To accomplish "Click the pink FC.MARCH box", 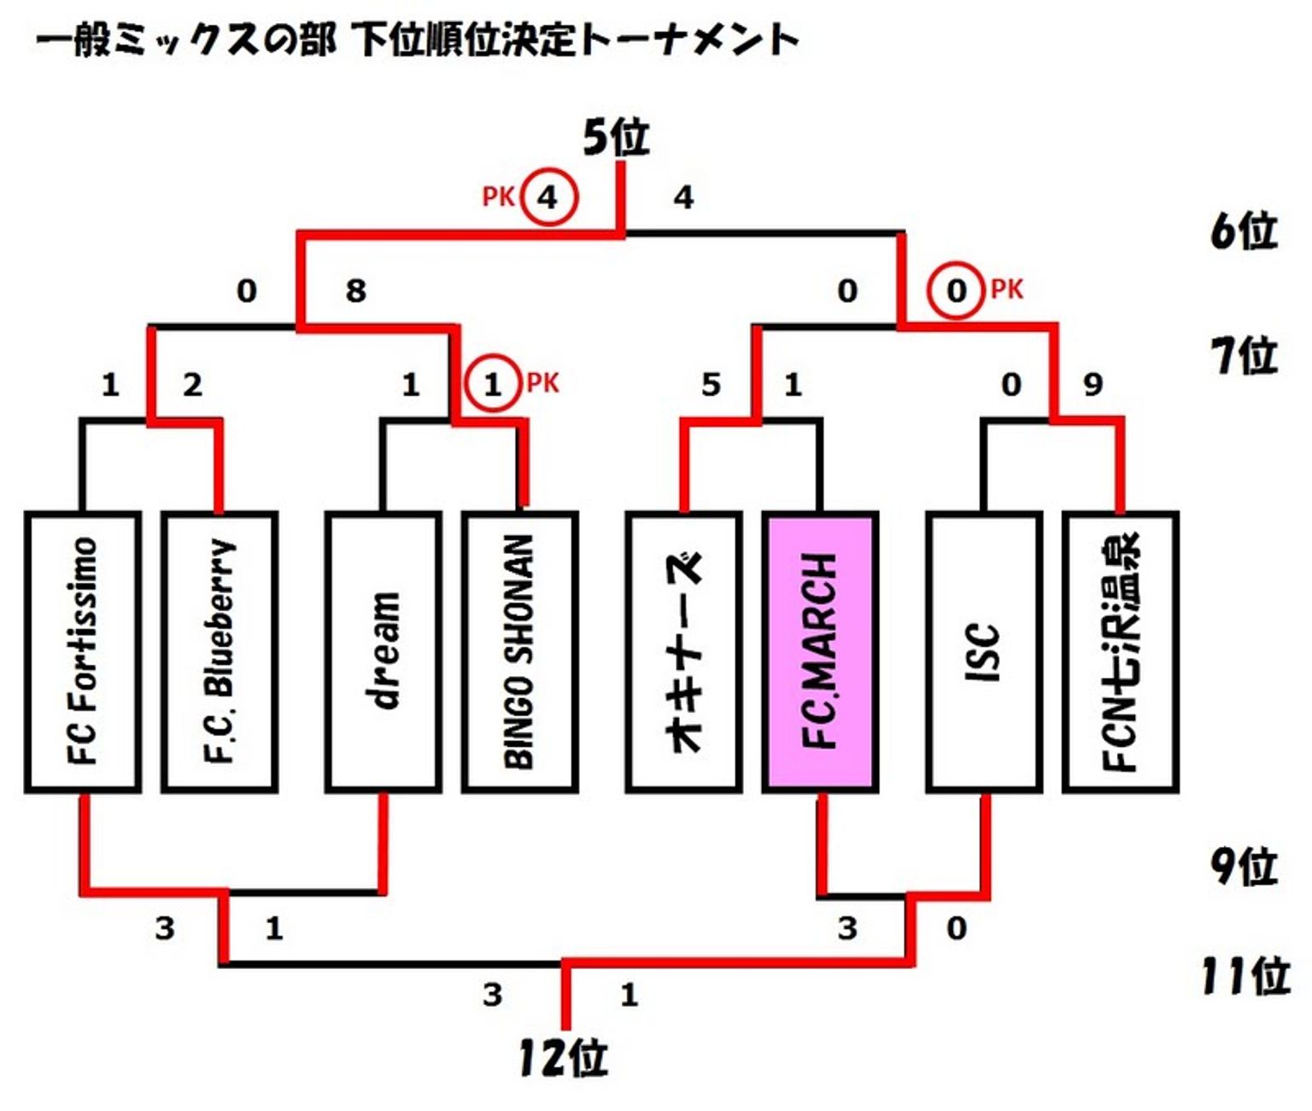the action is click(x=821, y=652).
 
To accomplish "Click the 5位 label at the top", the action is click(x=617, y=138).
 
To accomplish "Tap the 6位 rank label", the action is click(x=1244, y=232).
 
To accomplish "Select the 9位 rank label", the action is click(x=1244, y=867).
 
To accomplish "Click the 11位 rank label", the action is click(x=1246, y=976).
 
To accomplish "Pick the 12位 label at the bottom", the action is click(x=564, y=1058).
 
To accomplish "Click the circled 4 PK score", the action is click(x=549, y=197).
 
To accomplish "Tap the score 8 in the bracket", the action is click(x=356, y=291).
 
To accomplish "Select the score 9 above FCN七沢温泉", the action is click(x=1093, y=384).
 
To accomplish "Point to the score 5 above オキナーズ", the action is click(x=711, y=385).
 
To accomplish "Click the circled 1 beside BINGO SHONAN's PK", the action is click(x=493, y=384).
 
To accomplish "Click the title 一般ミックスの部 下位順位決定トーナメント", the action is click(x=417, y=40).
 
